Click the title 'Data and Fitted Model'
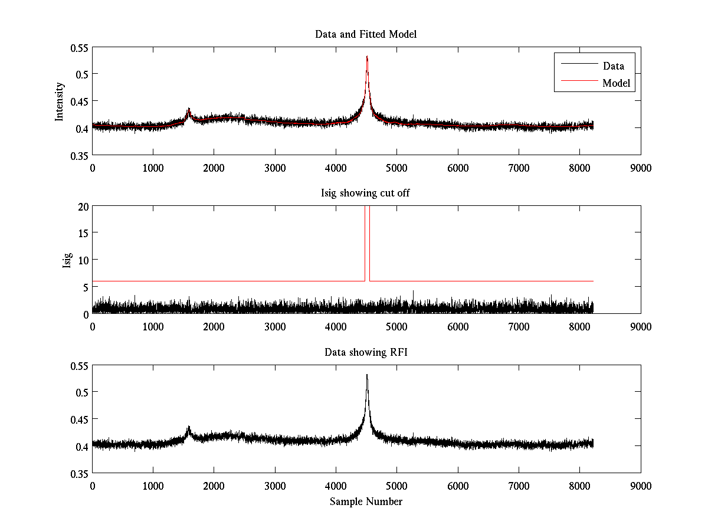(366, 34)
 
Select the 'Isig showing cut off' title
(366, 194)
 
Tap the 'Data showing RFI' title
(366, 352)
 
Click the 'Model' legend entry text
(616, 83)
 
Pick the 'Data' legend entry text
(614, 66)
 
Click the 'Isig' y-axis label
(66, 260)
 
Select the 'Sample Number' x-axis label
(366, 501)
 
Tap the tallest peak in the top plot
(367, 57)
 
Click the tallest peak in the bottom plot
(367, 375)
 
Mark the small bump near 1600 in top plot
(189, 110)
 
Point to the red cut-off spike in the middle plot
(367, 236)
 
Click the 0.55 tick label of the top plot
(77, 47)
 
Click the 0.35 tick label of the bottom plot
(77, 474)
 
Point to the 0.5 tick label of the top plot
(80, 74)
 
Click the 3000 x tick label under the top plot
(275, 168)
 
